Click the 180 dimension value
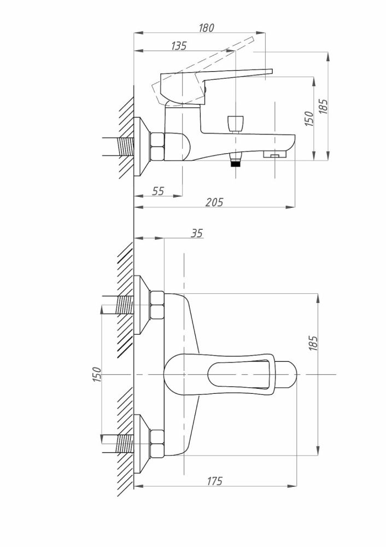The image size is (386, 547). point(206,27)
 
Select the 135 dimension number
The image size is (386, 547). point(179,46)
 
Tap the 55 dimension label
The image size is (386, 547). point(158,191)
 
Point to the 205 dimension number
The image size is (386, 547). point(214,202)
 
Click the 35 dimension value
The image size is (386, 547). point(197,233)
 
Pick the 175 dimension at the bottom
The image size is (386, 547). point(214,481)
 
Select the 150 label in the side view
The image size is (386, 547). point(309,118)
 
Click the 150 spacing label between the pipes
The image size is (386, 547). point(97,374)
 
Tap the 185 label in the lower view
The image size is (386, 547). point(313,344)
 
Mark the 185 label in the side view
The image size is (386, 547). point(323,107)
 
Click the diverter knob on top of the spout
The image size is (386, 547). point(235,124)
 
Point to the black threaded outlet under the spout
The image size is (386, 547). point(237,163)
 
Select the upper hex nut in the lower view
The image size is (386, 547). point(157,305)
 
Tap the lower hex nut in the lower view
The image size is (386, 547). point(157,444)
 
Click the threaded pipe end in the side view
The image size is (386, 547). point(126,147)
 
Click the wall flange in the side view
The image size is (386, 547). point(142,147)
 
